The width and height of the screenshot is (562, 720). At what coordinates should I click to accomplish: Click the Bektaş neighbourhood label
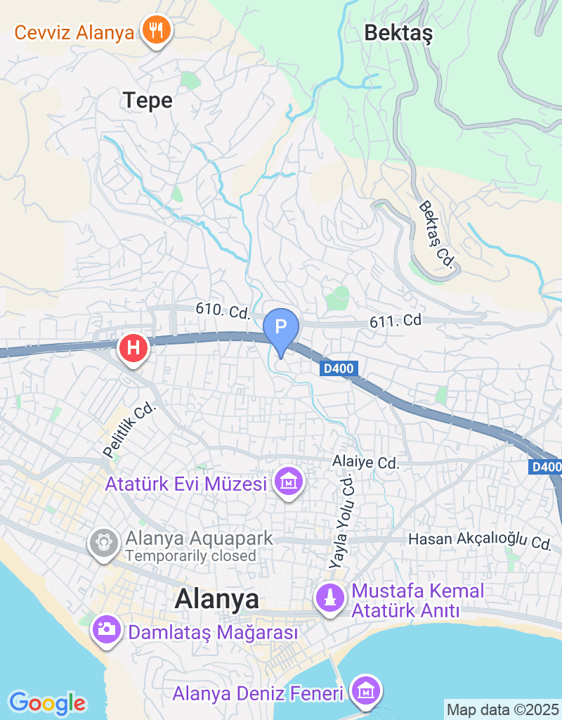tap(398, 32)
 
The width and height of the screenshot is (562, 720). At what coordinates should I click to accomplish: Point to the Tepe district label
tap(148, 101)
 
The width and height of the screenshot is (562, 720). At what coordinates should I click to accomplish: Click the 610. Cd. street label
tap(220, 310)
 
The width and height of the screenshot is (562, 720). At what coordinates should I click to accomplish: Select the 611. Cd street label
tap(396, 321)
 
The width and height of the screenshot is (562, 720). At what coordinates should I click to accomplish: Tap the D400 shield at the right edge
tap(546, 467)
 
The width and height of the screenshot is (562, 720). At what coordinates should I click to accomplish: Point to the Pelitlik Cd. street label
tap(128, 430)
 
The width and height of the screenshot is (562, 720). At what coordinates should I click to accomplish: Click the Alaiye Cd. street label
tap(366, 463)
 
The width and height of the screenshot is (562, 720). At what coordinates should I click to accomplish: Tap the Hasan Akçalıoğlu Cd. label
tap(481, 541)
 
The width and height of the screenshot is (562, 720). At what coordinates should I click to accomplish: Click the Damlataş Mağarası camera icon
tap(107, 628)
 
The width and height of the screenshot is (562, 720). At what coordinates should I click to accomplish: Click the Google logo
tap(47, 702)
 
